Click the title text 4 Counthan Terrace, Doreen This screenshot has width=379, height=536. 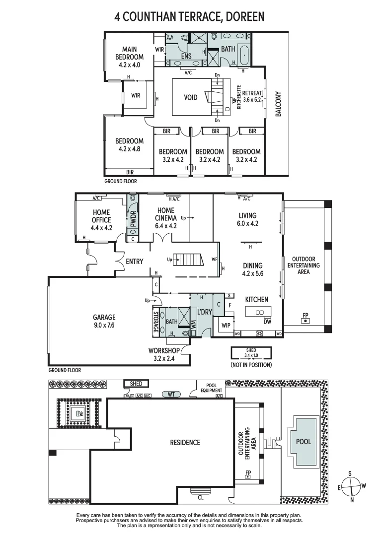(x=189, y=17)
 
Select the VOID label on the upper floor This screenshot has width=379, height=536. (x=191, y=97)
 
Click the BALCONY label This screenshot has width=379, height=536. (x=278, y=104)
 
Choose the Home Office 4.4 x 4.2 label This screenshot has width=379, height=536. (x=101, y=220)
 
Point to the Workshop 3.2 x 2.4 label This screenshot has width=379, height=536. (x=164, y=354)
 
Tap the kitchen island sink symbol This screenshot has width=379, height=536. (x=258, y=313)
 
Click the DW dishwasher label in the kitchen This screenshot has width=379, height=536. (x=267, y=322)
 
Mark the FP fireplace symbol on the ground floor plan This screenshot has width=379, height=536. (x=304, y=320)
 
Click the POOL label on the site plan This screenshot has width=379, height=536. (x=303, y=441)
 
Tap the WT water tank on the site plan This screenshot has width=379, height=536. (x=171, y=394)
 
